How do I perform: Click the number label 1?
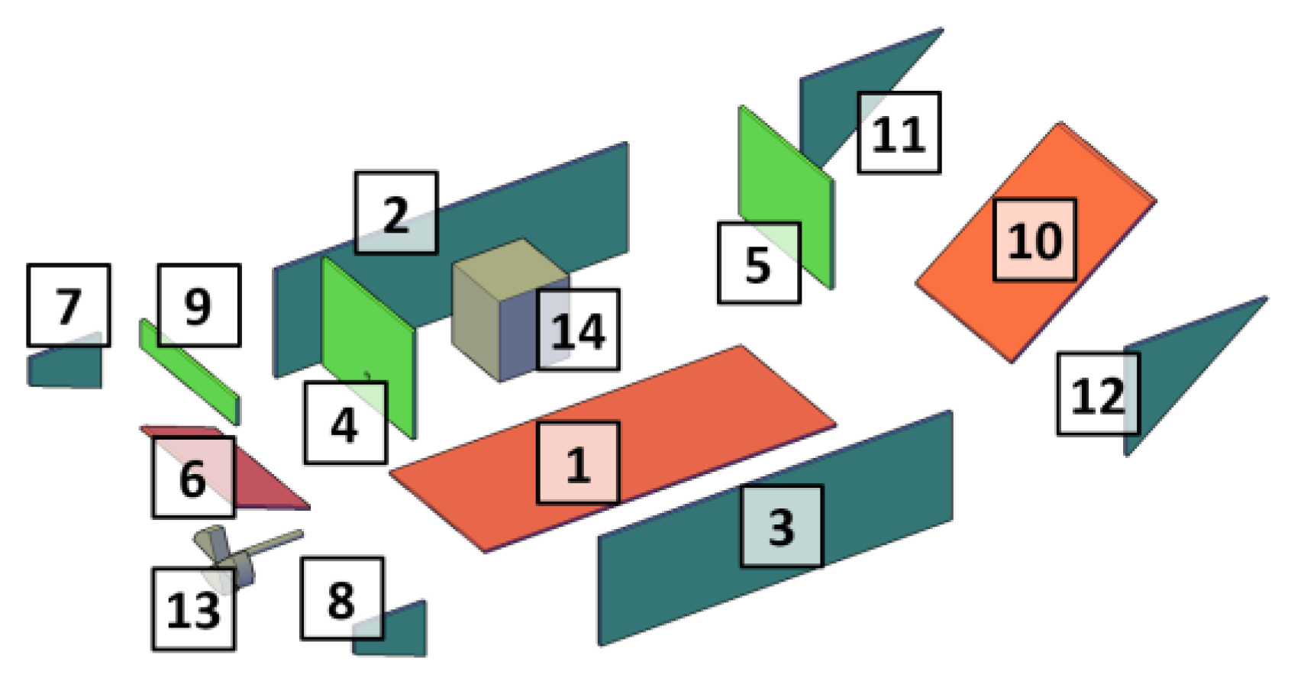point(578,463)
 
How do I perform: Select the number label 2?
point(395,213)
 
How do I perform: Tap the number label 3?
point(781,526)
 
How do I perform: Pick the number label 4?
point(345,423)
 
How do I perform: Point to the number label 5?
point(758,263)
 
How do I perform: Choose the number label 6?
point(193,477)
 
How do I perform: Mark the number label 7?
point(68,305)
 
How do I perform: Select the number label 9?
point(198,305)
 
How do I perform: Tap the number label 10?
point(1034,240)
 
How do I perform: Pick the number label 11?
point(899,133)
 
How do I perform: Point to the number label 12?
point(1097,394)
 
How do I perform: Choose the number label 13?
point(193,609)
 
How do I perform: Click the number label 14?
point(578,330)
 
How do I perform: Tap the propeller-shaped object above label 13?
point(229,553)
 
